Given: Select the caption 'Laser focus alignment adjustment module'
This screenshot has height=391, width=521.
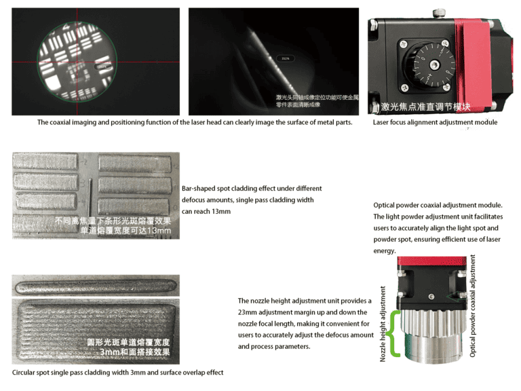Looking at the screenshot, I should coord(435,123).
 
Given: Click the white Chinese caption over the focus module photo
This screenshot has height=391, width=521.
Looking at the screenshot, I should coord(425,107).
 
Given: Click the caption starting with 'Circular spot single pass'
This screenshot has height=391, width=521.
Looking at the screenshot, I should coord(117,373).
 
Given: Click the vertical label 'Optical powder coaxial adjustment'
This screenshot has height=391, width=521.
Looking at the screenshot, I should coord(473,305).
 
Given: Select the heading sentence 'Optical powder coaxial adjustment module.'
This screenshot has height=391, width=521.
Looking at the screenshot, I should coord(437,205).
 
